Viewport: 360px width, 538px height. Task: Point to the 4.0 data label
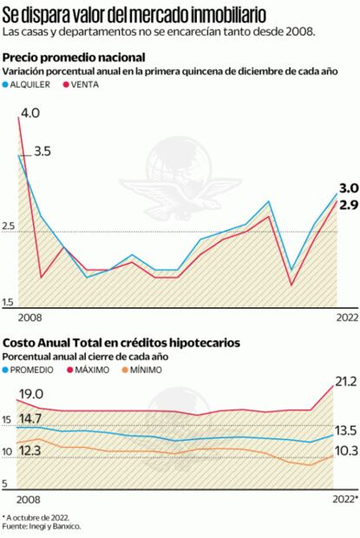[30, 113]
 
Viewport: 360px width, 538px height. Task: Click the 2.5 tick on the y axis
[9, 226]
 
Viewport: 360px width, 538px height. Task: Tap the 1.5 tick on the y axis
[9, 302]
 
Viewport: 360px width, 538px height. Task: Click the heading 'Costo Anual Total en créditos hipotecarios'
[121, 343]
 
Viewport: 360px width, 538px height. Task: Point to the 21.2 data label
[344, 382]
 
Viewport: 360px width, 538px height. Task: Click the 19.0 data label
[31, 393]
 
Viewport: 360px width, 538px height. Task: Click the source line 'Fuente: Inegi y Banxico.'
[43, 526]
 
